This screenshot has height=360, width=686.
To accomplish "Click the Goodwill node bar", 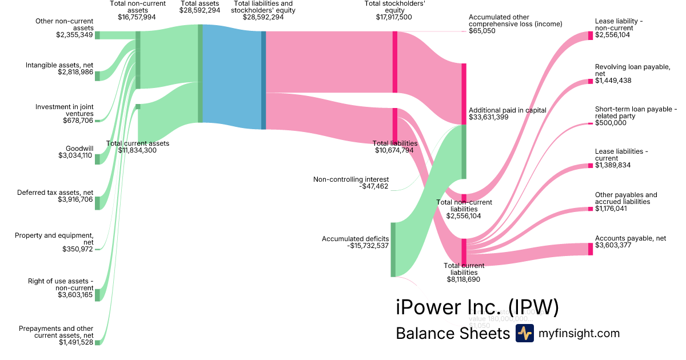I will pyautogui.click(x=97, y=159).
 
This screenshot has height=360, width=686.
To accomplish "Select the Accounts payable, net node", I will pyautogui.click(x=591, y=249).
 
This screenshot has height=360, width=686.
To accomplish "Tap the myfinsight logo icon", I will pyautogui.click(x=524, y=333).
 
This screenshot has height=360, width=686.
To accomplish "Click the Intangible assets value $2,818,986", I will pyautogui.click(x=75, y=73).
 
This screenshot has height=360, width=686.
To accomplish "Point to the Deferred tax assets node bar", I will pyautogui.click(x=97, y=203).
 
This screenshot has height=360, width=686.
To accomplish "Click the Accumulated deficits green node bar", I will pyautogui.click(x=393, y=250).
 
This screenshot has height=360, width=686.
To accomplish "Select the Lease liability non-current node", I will pyautogui.click(x=591, y=35).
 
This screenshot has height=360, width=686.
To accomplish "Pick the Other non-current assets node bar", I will pyautogui.click(x=97, y=35).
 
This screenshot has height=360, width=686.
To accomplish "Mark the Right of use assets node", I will pyautogui.click(x=97, y=294).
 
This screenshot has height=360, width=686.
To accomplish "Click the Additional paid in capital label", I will pyautogui.click(x=507, y=110).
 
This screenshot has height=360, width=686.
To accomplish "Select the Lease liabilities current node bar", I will pyautogui.click(x=591, y=166).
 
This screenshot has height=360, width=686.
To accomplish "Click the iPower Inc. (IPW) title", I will pyautogui.click(x=477, y=307).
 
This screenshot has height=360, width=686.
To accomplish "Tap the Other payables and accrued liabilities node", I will pyautogui.click(x=591, y=209).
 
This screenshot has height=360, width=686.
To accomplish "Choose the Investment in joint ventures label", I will pyautogui.click(x=64, y=110).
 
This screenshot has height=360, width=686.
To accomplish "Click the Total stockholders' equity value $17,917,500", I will pyautogui.click(x=394, y=17).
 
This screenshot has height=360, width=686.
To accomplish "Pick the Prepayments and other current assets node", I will pyautogui.click(x=97, y=342).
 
